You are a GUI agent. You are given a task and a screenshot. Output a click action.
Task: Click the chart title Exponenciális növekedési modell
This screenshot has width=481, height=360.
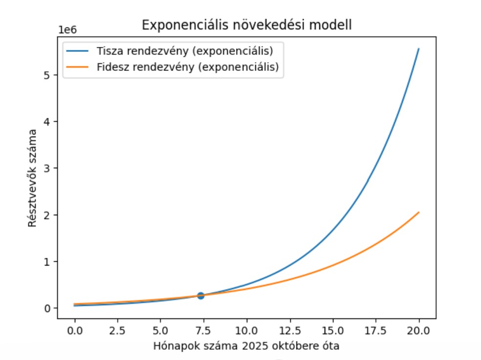pos(246,25)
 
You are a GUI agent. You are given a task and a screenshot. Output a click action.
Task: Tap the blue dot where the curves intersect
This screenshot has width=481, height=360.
pos(200,295)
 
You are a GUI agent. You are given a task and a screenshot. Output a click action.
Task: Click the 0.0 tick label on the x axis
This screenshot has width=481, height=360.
pos(75,330)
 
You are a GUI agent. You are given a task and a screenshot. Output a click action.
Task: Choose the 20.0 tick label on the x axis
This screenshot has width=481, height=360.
pos(419,330)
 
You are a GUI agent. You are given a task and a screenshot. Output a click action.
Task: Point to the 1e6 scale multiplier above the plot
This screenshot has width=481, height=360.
pos(67,30)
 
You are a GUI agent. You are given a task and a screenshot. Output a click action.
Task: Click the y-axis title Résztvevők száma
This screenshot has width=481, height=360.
pos(32,177)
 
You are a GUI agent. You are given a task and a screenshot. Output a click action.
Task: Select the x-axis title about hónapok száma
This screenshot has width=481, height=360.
pos(246,346)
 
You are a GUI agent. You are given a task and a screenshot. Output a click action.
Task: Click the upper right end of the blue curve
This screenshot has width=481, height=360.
pos(419,49)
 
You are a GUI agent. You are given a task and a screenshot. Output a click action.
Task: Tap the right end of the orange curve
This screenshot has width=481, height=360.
pos(419,212)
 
